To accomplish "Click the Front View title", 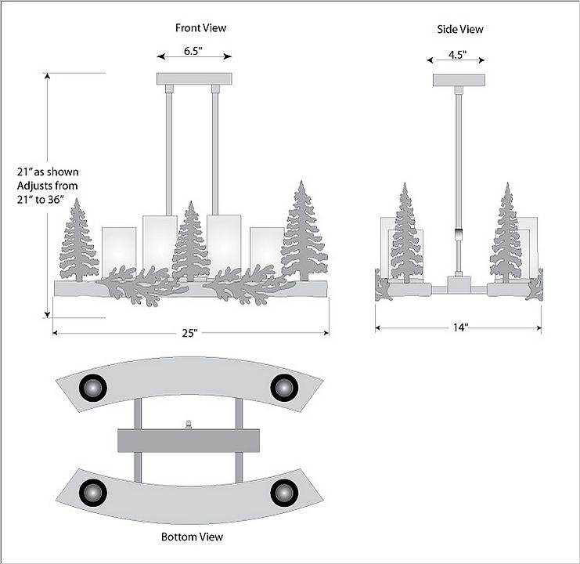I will point(200,28).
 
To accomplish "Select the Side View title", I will point(459,29).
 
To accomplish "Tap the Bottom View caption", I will point(192,537).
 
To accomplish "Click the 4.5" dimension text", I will point(457,55).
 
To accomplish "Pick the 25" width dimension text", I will point(190,333).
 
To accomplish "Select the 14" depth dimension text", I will point(459,327).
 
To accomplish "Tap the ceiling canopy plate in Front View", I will point(195,78).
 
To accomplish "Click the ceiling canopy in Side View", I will point(459,80).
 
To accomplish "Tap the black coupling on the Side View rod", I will point(459,234).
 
